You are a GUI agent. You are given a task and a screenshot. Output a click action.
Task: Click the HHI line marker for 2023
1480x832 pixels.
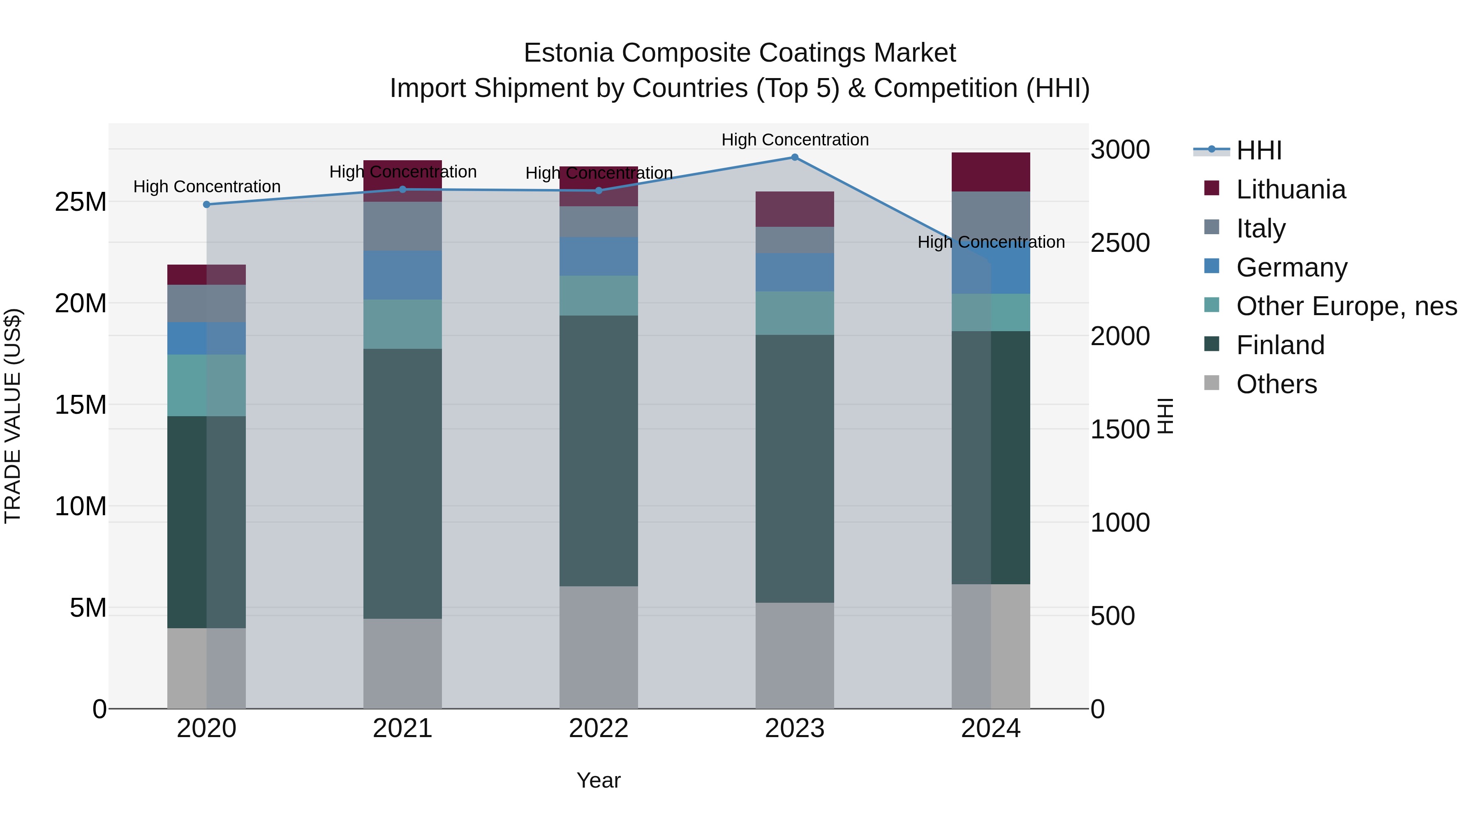coord(795,157)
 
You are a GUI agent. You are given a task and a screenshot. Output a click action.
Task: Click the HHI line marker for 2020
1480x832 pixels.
coord(207,205)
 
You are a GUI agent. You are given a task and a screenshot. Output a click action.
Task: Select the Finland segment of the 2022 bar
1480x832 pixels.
coord(599,451)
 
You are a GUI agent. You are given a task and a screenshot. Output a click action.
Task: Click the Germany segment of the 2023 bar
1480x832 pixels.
coord(795,272)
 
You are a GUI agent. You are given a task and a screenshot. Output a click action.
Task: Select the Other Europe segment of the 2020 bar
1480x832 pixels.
coord(206,385)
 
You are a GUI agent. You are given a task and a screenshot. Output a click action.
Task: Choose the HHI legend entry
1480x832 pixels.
coord(1258,150)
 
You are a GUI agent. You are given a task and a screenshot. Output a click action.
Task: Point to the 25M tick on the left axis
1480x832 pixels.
coord(81,202)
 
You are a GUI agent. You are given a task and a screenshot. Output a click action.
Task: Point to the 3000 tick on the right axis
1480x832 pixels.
coord(1120,150)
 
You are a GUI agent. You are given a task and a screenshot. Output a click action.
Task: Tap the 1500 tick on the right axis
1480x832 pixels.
coord(1120,429)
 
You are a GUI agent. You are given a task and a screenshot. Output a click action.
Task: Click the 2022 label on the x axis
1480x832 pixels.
coord(599,728)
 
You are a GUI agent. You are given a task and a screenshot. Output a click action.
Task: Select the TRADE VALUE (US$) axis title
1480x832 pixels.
coord(13,416)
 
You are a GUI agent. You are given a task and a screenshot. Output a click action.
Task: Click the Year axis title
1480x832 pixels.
coord(599,780)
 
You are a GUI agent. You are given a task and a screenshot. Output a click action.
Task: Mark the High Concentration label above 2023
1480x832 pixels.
coord(795,140)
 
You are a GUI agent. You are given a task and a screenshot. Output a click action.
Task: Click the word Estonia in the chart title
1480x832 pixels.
coord(569,53)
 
